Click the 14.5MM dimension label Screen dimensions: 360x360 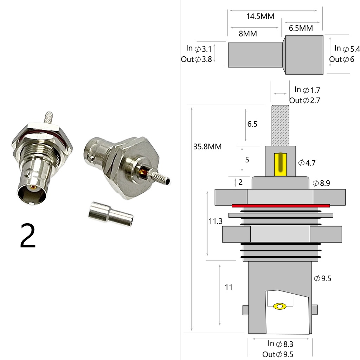pos(260,17)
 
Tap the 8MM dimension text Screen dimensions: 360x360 pos(248,34)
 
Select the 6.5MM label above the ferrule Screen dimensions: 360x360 pos(301,28)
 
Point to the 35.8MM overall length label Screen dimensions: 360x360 pos(207,147)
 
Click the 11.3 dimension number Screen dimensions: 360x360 pos(216,221)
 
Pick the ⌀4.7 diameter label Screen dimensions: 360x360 pos(307,163)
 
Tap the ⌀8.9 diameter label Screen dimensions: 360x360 pos(321,183)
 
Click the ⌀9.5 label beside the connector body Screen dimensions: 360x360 pos(323,278)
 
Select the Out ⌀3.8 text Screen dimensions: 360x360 pos(196,59)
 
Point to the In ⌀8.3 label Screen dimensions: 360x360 pos(280,344)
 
